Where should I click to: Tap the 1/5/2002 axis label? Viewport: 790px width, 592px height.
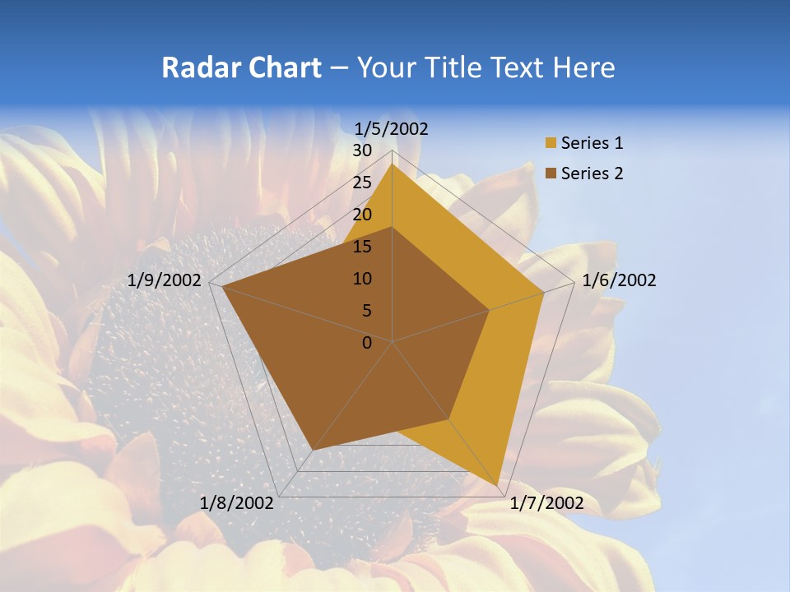click(392, 128)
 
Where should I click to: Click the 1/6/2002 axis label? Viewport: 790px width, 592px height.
click(619, 280)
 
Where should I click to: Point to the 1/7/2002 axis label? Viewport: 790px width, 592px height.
click(546, 503)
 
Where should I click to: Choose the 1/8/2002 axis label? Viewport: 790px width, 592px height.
click(237, 503)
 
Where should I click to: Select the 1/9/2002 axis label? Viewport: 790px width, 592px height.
click(165, 280)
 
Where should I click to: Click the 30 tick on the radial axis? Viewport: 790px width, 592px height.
click(362, 150)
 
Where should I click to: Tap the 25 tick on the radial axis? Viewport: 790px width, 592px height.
click(362, 183)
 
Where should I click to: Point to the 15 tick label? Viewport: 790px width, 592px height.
click(362, 247)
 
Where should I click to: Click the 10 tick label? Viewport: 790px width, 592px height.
click(362, 279)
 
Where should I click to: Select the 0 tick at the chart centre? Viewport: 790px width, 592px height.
click(367, 343)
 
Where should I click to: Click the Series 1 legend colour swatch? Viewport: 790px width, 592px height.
click(551, 144)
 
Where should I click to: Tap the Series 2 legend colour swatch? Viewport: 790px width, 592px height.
click(551, 173)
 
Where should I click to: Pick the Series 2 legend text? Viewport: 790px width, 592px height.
click(592, 173)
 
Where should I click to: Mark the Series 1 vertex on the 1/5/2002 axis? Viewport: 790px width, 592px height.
click(393, 164)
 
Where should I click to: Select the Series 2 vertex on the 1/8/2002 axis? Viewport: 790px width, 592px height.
click(313, 450)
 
